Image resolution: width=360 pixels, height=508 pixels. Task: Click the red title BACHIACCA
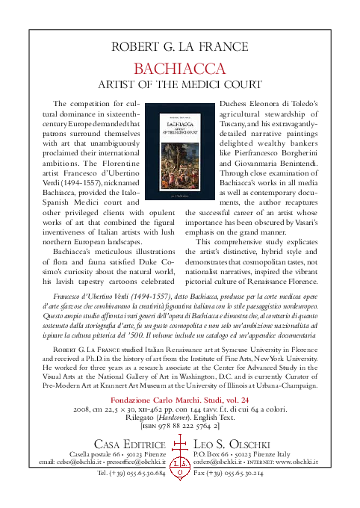(x=179, y=69)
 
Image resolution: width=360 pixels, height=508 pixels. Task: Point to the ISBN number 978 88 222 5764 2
(x=184, y=426)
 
